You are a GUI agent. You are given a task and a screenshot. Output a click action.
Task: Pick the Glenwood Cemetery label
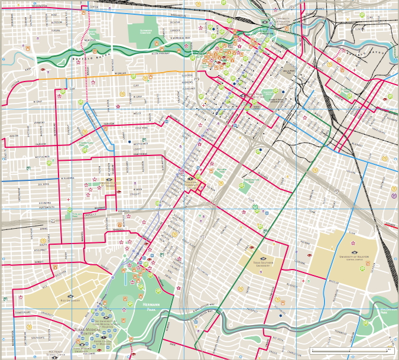click(150, 32)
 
